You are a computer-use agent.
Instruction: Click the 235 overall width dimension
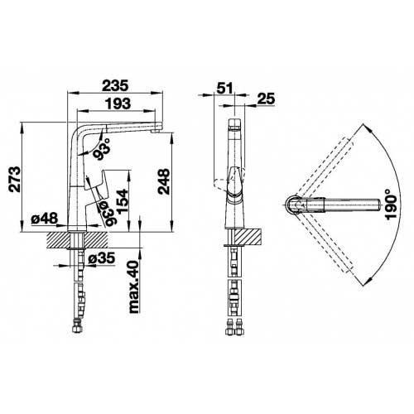coord(115,85)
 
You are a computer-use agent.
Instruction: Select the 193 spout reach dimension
coord(117,103)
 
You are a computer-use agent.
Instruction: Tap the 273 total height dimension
coord(14,179)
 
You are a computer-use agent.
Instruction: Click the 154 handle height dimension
coord(123,201)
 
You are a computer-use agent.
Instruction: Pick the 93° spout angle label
coord(103,149)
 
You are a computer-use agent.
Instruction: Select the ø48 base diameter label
coord(45,219)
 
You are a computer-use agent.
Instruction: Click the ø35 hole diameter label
coord(101,258)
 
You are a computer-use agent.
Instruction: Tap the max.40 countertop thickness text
coord(133,286)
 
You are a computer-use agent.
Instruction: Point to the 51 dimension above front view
coord(225,88)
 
